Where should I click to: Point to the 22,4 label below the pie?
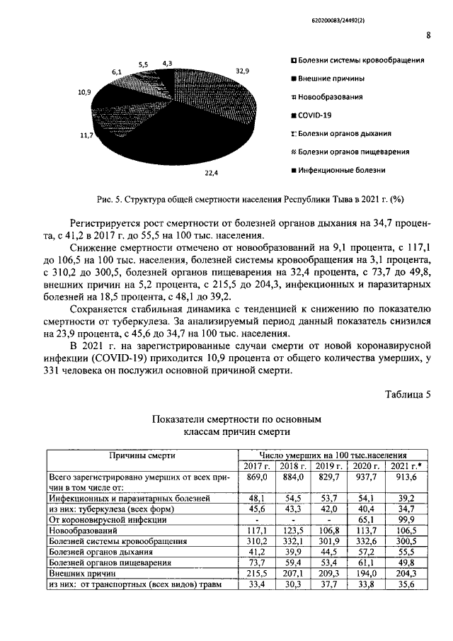coord(212,172)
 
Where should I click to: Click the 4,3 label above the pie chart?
coord(167,63)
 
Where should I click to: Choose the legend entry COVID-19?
coord(315,115)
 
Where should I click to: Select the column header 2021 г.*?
coord(406,465)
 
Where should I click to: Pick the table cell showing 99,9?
coord(406,518)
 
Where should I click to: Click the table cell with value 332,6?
coord(368,540)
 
